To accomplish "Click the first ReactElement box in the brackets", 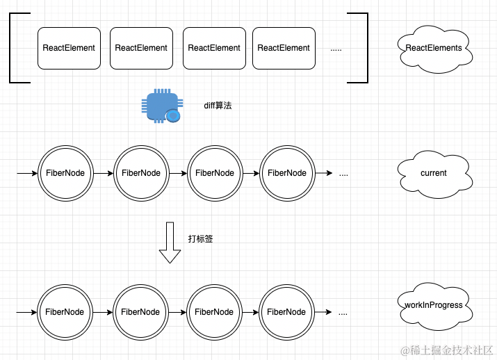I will pos(69,48).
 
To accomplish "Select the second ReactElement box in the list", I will pos(141,48).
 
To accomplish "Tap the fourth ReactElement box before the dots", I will pos(284,48).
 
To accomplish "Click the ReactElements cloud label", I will pos(433,48).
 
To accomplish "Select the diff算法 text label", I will pos(218,106).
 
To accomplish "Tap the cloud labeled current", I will pos(433,173).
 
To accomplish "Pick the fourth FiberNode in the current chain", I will pos(286,173).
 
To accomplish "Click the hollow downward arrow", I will pos(170,243).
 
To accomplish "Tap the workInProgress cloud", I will pos(433,305).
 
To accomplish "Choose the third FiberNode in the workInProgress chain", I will pos(214,312).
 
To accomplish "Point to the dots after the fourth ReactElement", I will pos(336,49).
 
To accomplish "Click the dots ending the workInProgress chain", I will pos(343,313).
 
